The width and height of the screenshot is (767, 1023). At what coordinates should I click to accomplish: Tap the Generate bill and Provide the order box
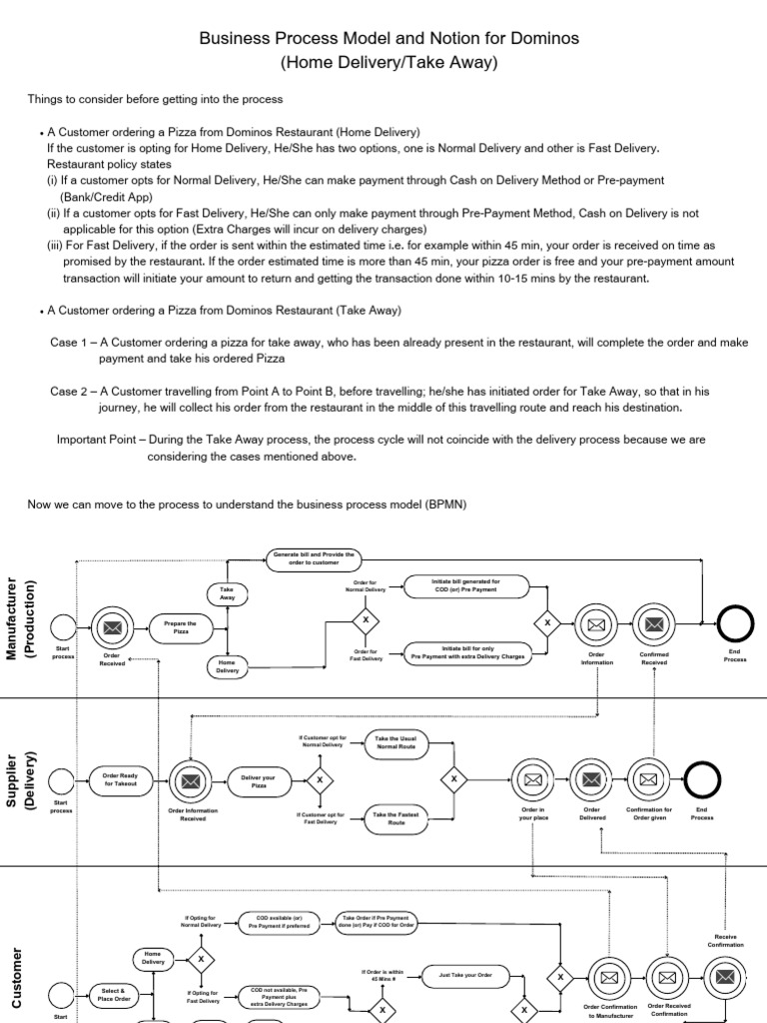pyautogui.click(x=314, y=557)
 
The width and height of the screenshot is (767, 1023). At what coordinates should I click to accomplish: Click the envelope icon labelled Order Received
pyautogui.click(x=113, y=626)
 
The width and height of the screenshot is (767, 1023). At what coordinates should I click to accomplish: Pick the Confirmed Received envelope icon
pyautogui.click(x=655, y=625)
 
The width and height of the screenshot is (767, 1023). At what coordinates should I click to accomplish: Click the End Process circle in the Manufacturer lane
pyautogui.click(x=734, y=625)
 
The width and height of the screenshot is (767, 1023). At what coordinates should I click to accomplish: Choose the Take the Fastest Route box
pyautogui.click(x=395, y=818)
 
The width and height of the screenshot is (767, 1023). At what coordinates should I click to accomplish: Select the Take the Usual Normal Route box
pyautogui.click(x=395, y=743)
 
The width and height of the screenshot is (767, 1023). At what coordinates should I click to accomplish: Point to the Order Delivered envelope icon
pyautogui.click(x=591, y=779)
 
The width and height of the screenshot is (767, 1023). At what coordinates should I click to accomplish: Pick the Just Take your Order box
pyautogui.click(x=466, y=974)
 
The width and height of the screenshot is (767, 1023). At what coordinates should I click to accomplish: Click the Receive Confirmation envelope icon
pyautogui.click(x=725, y=977)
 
